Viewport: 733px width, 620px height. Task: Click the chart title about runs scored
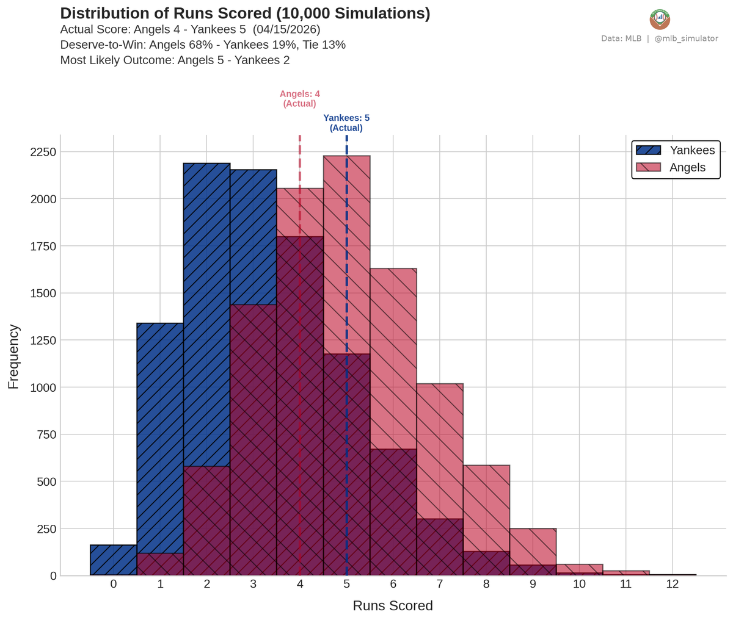pyautogui.click(x=245, y=14)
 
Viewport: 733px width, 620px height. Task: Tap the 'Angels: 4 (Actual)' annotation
pyautogui.click(x=299, y=99)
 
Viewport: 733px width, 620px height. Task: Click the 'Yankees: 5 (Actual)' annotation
pyautogui.click(x=346, y=123)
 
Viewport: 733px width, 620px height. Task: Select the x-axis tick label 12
pyautogui.click(x=672, y=585)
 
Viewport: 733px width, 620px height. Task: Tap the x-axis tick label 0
pyautogui.click(x=114, y=585)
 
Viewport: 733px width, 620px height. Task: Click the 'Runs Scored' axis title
pyautogui.click(x=393, y=606)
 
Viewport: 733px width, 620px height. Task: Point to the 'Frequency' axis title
pyautogui.click(x=13, y=357)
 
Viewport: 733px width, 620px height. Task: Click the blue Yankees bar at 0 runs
pyautogui.click(x=114, y=560)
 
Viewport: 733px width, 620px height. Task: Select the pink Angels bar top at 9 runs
pyautogui.click(x=533, y=537)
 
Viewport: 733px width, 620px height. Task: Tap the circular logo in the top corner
pyautogui.click(x=660, y=20)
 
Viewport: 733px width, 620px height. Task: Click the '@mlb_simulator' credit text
pyautogui.click(x=686, y=38)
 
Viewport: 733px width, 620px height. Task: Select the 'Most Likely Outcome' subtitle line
pyautogui.click(x=175, y=60)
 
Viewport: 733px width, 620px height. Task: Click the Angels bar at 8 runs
pyautogui.click(x=486, y=506)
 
